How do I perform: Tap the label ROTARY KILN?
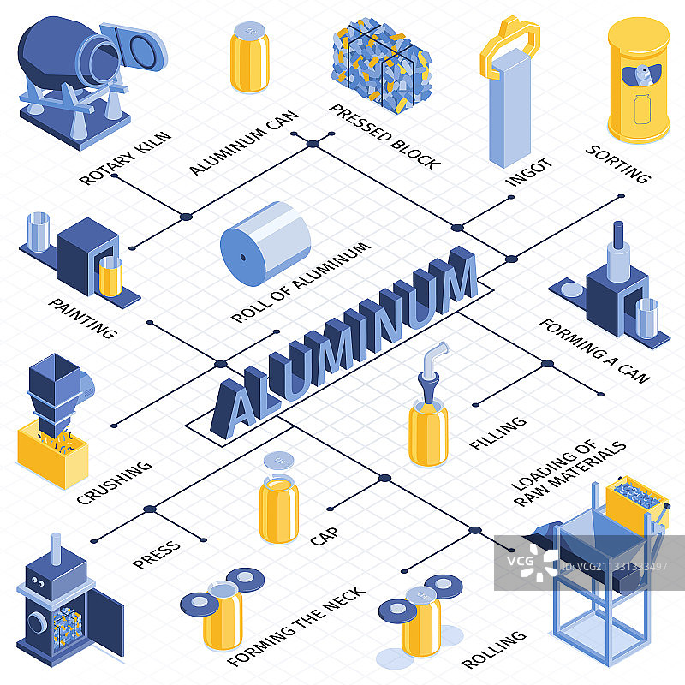tap(125, 158)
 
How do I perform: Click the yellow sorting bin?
tap(638, 81)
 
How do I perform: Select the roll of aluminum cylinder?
tap(265, 241)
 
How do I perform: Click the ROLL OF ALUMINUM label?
tap(301, 283)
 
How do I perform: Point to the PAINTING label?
tap(82, 318)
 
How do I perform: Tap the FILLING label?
tap(497, 432)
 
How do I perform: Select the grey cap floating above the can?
tap(279, 462)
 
